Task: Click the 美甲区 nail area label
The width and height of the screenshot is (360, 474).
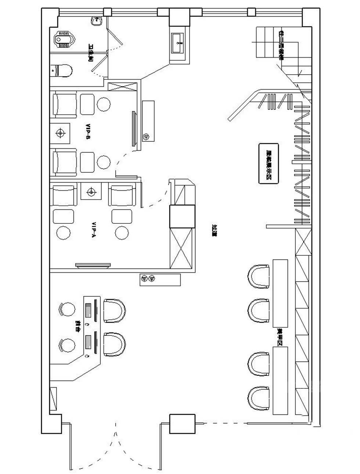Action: click(280, 336)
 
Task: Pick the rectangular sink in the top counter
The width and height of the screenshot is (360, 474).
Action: click(179, 43)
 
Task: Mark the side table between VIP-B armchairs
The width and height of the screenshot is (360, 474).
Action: click(60, 132)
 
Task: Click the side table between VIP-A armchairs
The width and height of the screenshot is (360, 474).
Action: click(91, 191)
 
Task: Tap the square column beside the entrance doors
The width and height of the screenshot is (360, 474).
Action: click(182, 423)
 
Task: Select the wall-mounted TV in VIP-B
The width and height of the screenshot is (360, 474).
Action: click(134, 129)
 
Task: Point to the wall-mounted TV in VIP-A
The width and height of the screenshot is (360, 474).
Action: click(93, 265)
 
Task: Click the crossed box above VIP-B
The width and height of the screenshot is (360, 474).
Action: click(122, 87)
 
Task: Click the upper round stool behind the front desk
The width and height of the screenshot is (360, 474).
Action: click(67, 309)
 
